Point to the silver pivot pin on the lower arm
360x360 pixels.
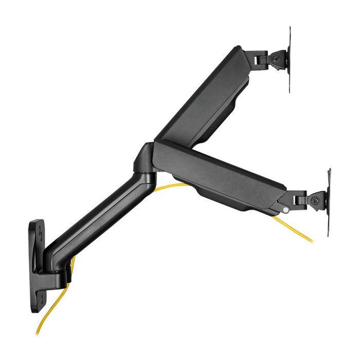point(285,209)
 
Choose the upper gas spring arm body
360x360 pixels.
point(206,100)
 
